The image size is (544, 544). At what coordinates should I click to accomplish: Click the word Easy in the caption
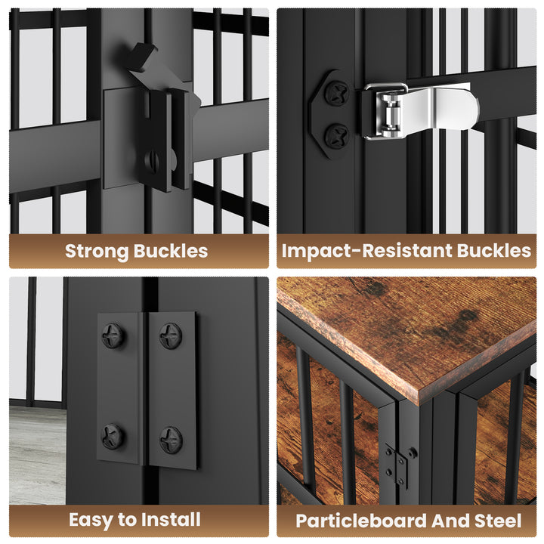(91, 520)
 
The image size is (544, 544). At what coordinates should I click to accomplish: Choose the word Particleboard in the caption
(361, 521)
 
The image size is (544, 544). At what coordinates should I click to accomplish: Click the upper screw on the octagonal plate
(336, 93)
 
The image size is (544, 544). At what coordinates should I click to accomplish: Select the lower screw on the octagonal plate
(336, 135)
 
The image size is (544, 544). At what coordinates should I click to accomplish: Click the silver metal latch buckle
(421, 111)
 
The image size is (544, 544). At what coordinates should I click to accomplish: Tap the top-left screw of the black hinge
(113, 335)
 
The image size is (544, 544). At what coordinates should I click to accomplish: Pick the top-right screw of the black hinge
(170, 335)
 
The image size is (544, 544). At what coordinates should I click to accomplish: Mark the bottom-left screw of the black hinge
(113, 437)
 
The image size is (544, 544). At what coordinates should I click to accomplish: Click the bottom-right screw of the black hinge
(171, 440)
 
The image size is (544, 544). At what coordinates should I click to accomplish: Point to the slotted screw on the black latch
(152, 161)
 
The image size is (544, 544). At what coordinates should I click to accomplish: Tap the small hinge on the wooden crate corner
(400, 465)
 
